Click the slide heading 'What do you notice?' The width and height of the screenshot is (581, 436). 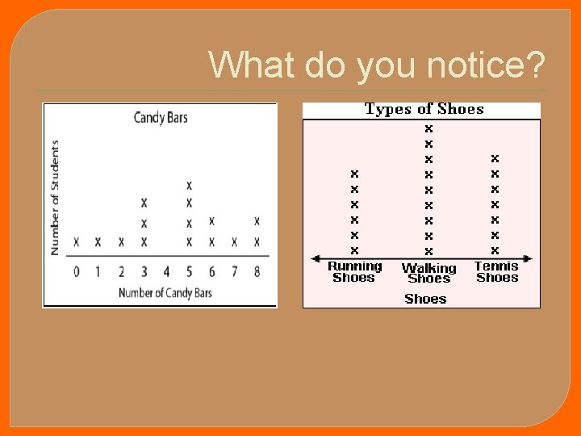click(376, 64)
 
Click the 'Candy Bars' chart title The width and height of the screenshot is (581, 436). click(160, 118)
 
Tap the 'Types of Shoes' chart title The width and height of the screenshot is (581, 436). click(424, 109)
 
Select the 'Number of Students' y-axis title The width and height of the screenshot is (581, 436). click(55, 198)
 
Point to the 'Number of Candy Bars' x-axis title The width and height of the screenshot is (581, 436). click(165, 292)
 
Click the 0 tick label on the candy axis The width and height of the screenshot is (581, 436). click(77, 272)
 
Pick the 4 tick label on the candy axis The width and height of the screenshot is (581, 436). click(166, 272)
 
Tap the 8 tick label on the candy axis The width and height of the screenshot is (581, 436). click(257, 272)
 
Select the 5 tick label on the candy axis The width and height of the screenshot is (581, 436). click(190, 272)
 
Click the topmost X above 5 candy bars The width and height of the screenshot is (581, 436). click(190, 186)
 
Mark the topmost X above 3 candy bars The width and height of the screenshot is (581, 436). click(144, 203)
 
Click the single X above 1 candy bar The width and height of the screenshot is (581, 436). click(98, 241)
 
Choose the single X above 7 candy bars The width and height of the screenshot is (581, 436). click(234, 241)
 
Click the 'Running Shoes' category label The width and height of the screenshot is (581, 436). click(354, 272)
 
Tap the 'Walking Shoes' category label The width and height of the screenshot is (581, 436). click(428, 273)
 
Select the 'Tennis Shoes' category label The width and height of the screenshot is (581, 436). click(496, 272)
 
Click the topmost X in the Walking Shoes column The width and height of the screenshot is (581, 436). click(428, 128)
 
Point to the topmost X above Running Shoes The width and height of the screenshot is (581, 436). click(354, 174)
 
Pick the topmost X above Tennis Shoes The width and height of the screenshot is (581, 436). click(495, 158)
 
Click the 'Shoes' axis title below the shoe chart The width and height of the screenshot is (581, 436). click(425, 299)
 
